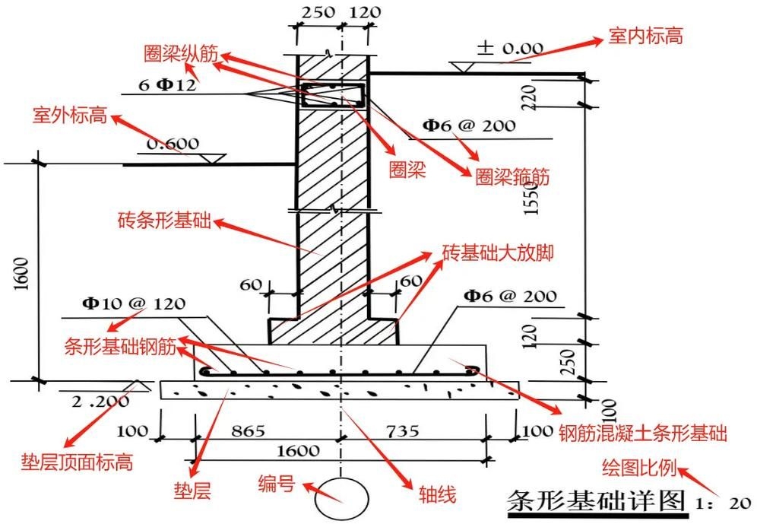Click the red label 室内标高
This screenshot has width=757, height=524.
[646, 35]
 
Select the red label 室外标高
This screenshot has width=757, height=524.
[63, 116]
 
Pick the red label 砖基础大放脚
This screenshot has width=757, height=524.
[497, 253]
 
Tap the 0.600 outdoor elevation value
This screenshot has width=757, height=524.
[173, 144]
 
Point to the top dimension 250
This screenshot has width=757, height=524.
[320, 12]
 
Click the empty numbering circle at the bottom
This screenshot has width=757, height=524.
[341, 497]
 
